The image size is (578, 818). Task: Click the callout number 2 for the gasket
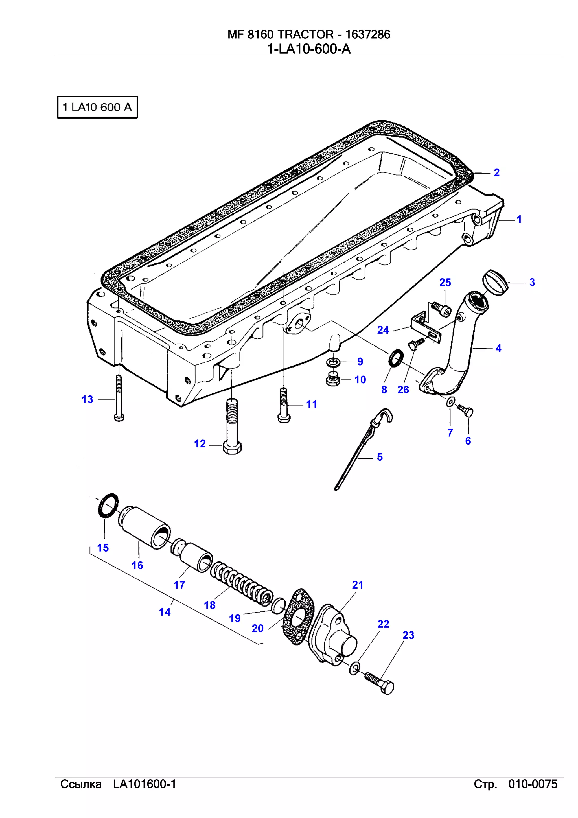point(496,172)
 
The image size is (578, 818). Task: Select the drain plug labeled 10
point(333,379)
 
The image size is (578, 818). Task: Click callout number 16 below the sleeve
point(137,565)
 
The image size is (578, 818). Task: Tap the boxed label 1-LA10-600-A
point(97,107)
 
